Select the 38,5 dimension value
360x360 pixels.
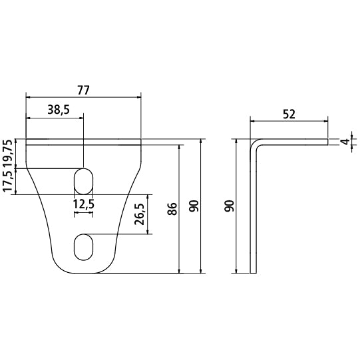[x=59, y=110]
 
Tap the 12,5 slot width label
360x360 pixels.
[x=84, y=205]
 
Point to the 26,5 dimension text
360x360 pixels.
[x=140, y=214]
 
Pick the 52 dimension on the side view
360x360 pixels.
[x=289, y=114]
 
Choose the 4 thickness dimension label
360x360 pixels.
[x=344, y=142]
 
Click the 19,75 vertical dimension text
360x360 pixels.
[x=7, y=153]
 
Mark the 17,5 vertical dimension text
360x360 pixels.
[x=7, y=182]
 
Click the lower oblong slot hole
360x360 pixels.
[x=84, y=247]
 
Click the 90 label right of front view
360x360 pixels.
[x=194, y=206]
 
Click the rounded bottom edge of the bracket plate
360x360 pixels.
[x=83, y=271]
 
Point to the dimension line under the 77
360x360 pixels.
[x=83, y=97]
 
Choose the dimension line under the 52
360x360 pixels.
[x=289, y=121]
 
